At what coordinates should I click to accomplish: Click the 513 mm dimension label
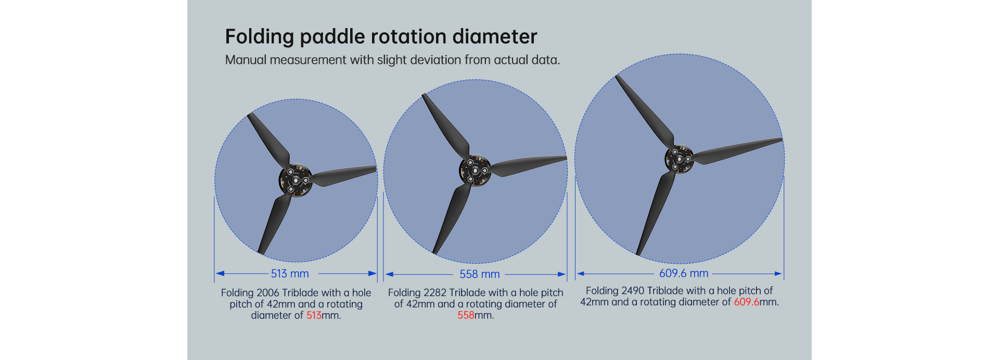(290, 274)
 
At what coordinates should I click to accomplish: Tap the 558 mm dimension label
(479, 274)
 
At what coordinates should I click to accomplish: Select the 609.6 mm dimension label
(684, 273)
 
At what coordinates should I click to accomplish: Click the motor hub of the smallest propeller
(296, 180)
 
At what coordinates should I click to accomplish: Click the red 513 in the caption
(314, 315)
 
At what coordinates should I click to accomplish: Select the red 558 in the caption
(466, 315)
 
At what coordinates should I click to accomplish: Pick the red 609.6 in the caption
(747, 302)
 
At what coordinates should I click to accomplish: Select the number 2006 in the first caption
(268, 293)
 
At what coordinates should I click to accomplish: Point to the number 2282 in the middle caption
(435, 293)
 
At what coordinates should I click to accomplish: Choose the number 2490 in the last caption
(633, 290)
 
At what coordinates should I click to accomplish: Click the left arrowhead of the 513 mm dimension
(220, 273)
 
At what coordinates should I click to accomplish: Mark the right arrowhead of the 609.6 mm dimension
(778, 273)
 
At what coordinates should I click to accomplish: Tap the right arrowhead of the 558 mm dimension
(562, 274)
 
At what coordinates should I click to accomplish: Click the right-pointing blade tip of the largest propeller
(782, 139)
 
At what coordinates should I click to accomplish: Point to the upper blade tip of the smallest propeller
(250, 114)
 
